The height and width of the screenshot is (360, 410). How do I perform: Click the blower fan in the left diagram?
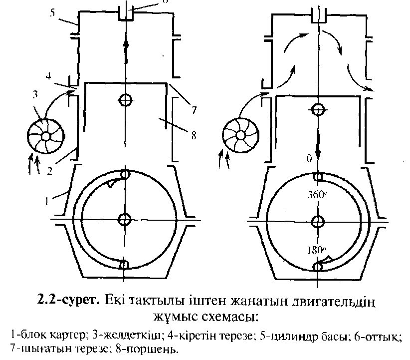[x=46, y=136]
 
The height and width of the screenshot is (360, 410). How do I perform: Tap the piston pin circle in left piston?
[x=125, y=100]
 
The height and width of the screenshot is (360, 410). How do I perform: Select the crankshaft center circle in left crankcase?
[x=125, y=219]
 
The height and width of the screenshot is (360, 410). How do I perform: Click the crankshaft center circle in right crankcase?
[x=317, y=221]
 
